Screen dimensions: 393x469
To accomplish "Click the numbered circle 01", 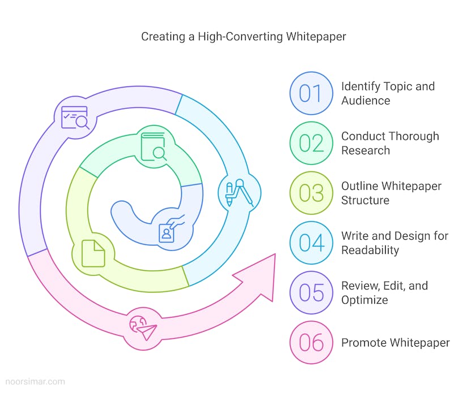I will [x=310, y=93].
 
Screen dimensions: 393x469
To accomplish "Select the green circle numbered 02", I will [x=310, y=143].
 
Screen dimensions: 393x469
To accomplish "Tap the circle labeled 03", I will [x=310, y=193].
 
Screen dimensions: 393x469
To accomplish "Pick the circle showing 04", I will [x=310, y=243].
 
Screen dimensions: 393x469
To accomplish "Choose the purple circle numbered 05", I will [x=310, y=293].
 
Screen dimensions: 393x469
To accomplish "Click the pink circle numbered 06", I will [x=310, y=343].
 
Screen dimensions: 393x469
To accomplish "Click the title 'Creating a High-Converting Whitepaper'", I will [x=243, y=37].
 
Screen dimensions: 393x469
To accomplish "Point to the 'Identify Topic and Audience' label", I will [x=387, y=93].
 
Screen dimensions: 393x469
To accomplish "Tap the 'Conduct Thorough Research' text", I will [x=390, y=143].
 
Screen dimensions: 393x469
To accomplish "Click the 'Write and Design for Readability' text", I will [x=394, y=243].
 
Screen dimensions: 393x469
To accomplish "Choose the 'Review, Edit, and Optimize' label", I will [x=384, y=293].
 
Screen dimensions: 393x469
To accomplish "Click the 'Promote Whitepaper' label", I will [x=395, y=343].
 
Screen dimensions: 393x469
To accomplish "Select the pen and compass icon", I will [x=238, y=192].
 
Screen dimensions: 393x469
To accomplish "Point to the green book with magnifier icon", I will [x=154, y=146].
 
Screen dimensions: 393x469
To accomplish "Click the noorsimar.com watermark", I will [x=33, y=382].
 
